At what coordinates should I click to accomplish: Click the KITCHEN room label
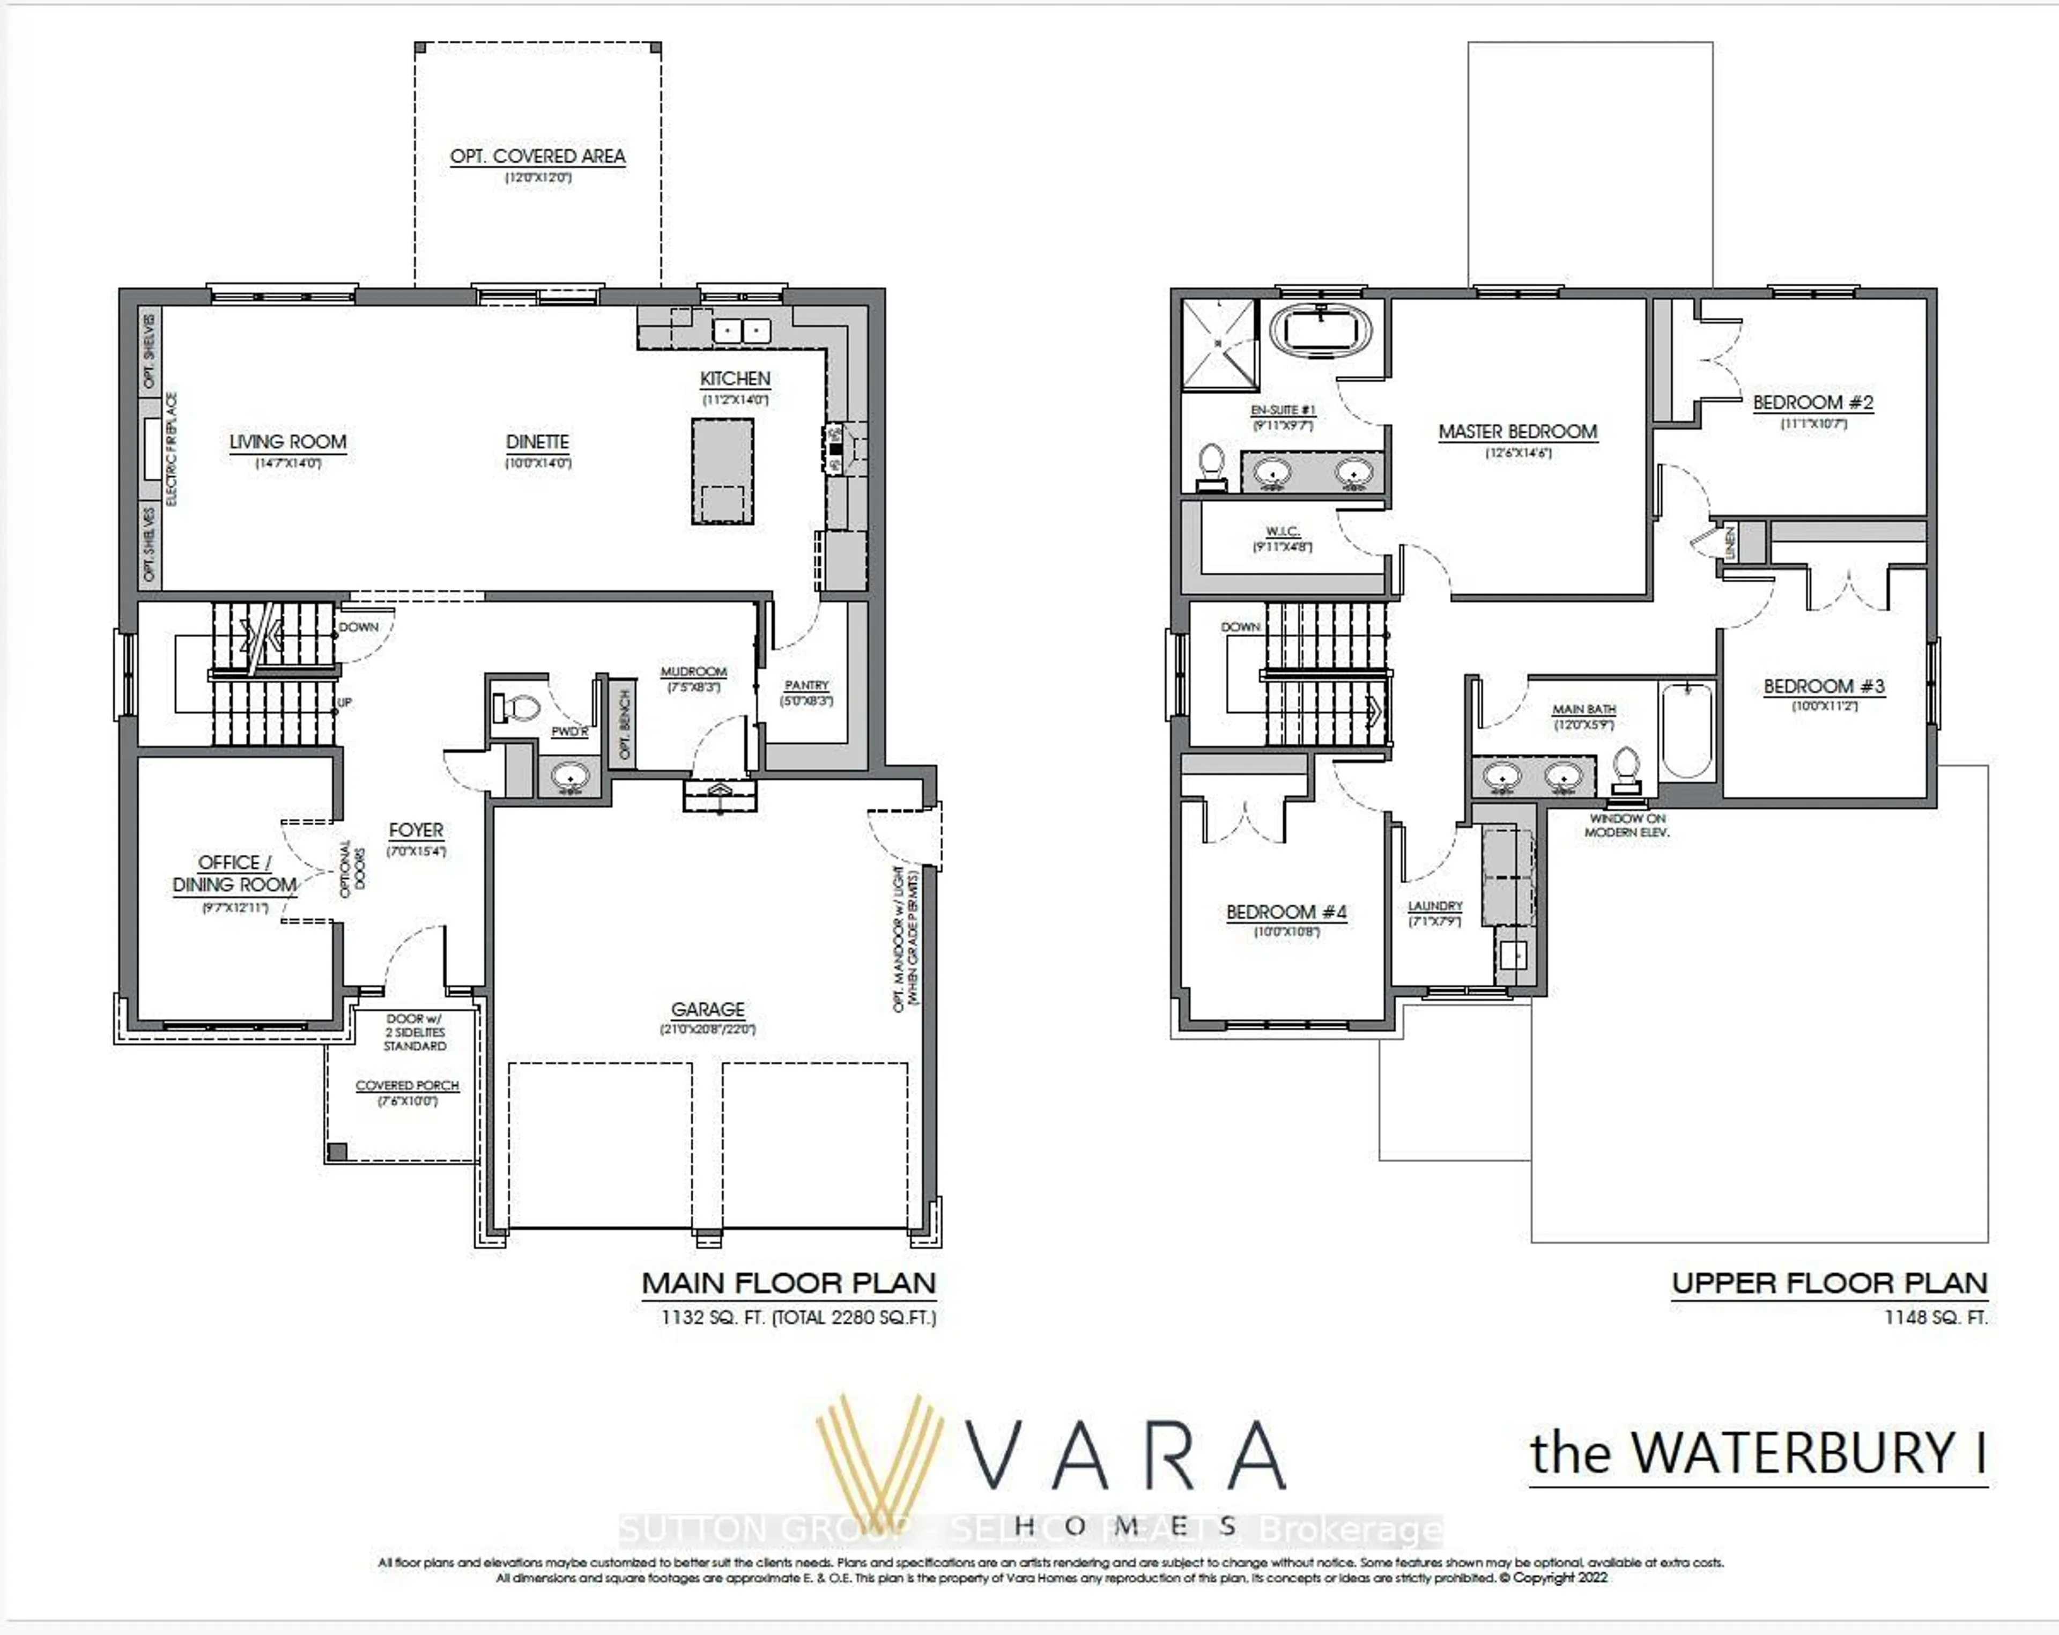coord(735,379)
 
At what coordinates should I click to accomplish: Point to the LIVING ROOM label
coord(287,442)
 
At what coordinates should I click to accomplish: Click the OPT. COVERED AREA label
coord(538,157)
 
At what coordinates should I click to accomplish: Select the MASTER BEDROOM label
coord(1517,432)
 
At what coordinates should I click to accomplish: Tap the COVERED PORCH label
coord(407,1086)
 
